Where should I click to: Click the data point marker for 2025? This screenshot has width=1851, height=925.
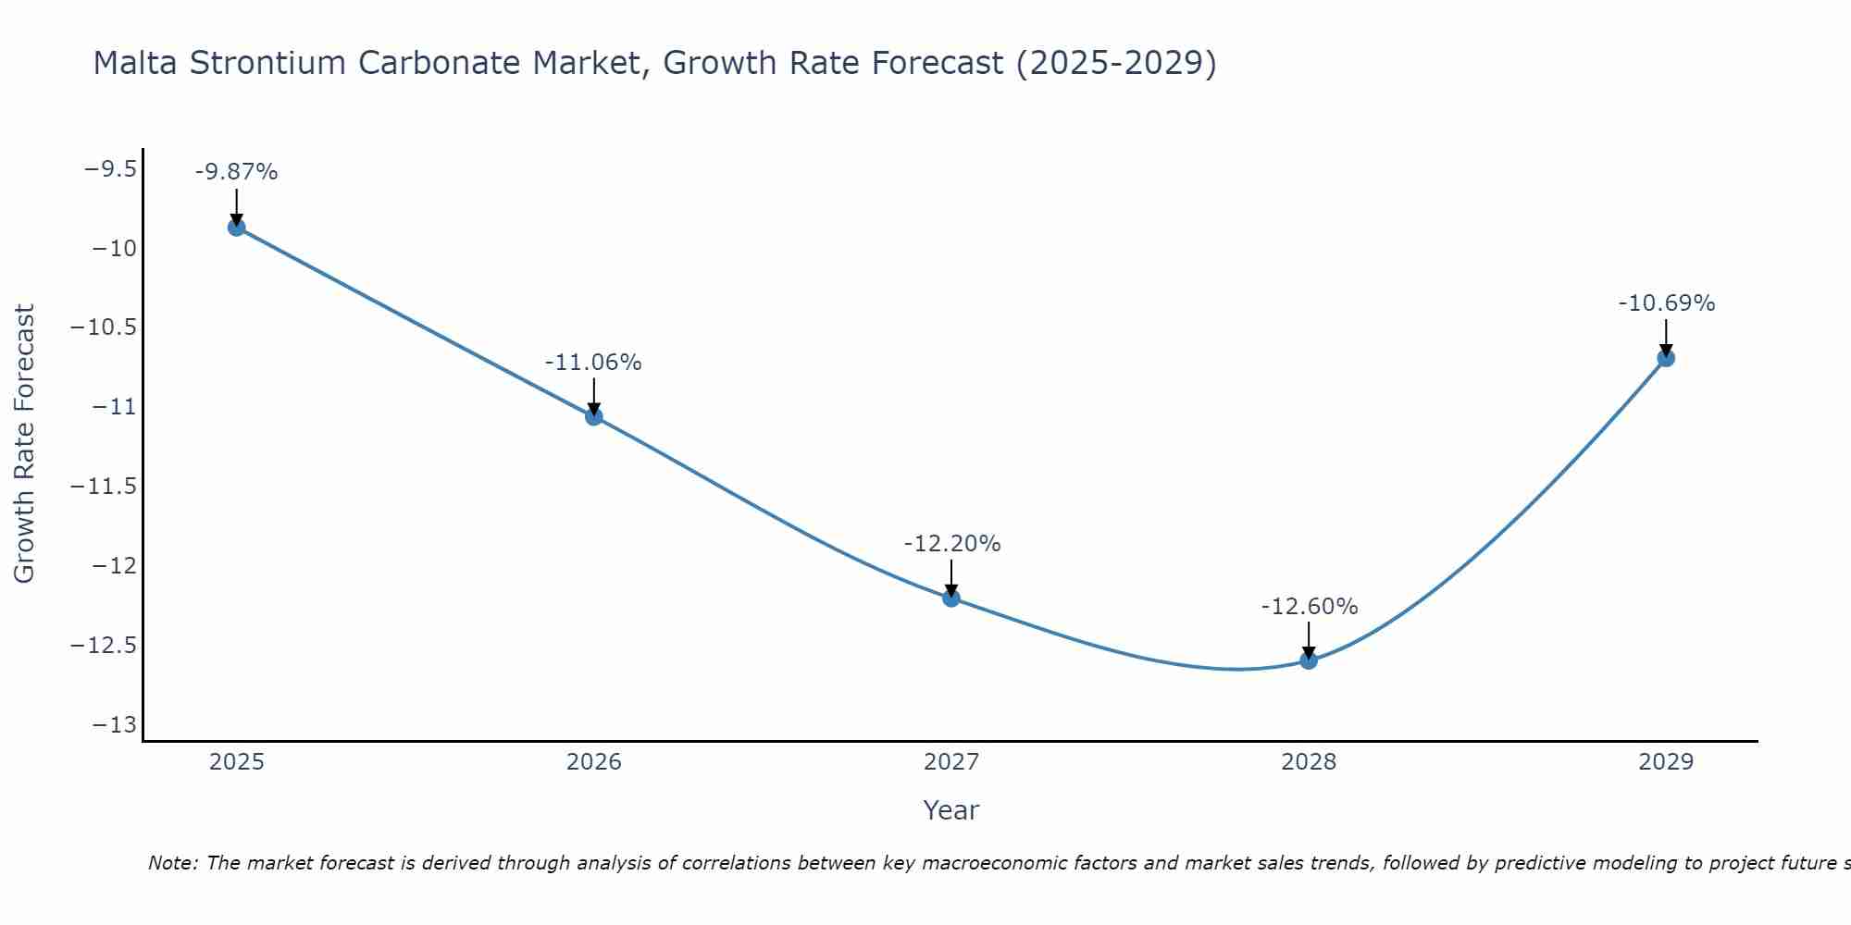point(237,228)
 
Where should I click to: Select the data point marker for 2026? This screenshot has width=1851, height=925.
point(594,416)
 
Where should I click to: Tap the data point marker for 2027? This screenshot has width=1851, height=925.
point(951,598)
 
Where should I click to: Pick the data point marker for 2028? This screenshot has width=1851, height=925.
point(1309,660)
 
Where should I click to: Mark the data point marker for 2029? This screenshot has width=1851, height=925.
point(1666,358)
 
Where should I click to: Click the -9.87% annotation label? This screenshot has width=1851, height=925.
point(237,172)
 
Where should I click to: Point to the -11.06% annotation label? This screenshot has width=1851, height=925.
point(593,363)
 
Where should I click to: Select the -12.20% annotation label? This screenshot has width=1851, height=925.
point(951,544)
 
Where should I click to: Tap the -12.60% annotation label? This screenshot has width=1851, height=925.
point(1309,607)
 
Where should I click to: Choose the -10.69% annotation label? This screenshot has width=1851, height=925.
point(1666,303)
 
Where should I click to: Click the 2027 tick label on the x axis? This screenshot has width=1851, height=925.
point(951,762)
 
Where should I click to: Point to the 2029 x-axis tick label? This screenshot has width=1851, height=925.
point(1666,762)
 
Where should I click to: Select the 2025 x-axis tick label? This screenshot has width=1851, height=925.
point(237,762)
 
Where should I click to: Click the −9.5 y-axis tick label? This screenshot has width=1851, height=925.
point(111,169)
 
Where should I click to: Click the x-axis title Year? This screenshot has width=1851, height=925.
point(951,810)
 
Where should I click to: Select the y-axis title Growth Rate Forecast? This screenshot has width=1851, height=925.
point(24,444)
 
